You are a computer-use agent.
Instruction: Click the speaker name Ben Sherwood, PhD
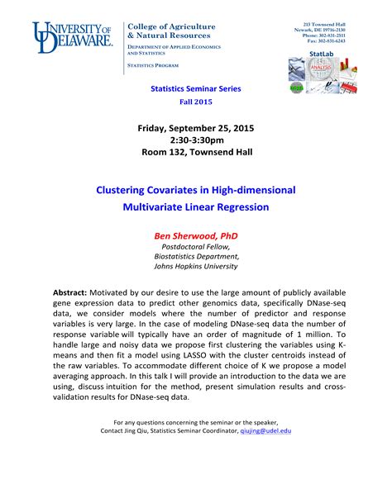coord(196,235)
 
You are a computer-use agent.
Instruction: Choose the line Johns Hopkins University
coord(196,266)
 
